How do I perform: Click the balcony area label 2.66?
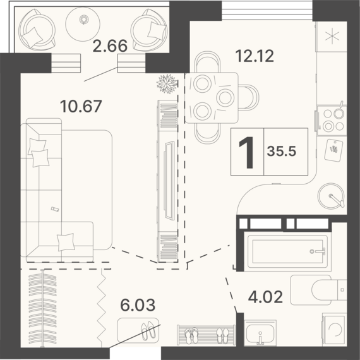(x=110, y=45)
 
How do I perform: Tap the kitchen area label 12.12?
(x=255, y=56)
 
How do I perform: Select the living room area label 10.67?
(x=81, y=107)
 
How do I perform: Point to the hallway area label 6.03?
(x=138, y=305)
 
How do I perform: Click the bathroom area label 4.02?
(x=265, y=297)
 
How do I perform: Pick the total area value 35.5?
(x=282, y=152)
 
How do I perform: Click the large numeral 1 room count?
(x=247, y=152)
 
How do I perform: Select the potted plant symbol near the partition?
(x=167, y=84)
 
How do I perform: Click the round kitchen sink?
(x=331, y=196)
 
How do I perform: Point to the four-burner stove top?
(x=332, y=120)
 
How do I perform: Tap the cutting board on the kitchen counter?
(x=333, y=150)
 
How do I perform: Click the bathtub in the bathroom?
(x=288, y=251)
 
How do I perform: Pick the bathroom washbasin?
(x=260, y=333)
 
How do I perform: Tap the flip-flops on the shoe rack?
(x=191, y=335)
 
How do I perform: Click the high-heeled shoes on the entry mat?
(x=148, y=331)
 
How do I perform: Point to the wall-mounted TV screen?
(x=169, y=180)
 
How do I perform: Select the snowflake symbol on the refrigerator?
(x=332, y=37)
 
